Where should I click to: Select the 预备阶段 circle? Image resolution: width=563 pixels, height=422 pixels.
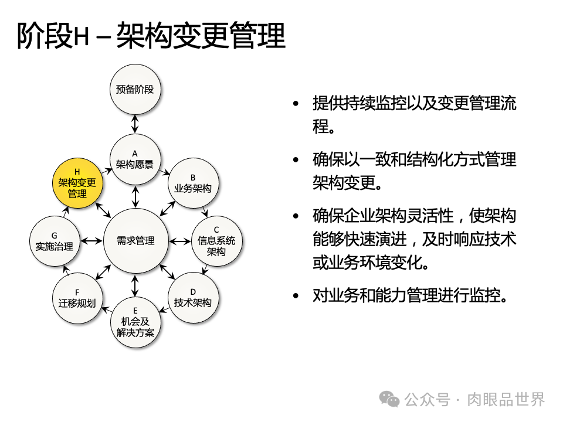[x=135, y=90]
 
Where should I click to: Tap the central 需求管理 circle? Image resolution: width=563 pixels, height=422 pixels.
[x=135, y=240]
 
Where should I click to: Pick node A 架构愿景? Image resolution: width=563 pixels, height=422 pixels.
[x=135, y=159]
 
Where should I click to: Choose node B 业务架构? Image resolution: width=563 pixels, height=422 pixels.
[x=192, y=183]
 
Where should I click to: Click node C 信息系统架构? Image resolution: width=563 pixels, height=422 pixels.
[x=216, y=240]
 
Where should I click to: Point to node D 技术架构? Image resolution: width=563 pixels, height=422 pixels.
[x=192, y=297]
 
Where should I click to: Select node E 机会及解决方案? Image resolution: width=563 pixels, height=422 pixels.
[x=135, y=322]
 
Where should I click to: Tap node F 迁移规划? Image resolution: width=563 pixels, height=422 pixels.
[x=77, y=298]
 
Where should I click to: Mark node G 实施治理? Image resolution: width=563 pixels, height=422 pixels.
[x=53, y=241]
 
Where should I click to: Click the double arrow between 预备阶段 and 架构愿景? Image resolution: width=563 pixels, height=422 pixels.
[x=135, y=124]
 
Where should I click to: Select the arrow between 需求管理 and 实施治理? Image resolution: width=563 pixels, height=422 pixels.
[x=91, y=240]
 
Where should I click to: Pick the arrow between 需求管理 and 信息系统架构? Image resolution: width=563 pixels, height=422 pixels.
[x=179, y=240]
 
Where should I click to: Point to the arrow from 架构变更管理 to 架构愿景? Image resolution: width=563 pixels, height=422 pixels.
[x=106, y=171]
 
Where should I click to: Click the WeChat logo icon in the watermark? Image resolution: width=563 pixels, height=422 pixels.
[x=389, y=400]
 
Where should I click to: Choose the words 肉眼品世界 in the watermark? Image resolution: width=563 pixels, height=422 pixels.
[x=506, y=400]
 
